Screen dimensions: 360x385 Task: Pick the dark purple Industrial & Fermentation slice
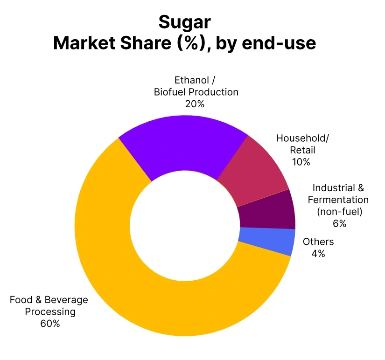click(266, 212)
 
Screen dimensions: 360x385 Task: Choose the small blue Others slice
click(266, 241)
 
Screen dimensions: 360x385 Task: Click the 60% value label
click(50, 323)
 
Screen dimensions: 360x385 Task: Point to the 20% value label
click(195, 104)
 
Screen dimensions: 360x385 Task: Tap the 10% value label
click(301, 162)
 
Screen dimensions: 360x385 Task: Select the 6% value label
click(339, 223)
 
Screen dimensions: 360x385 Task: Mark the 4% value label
click(318, 254)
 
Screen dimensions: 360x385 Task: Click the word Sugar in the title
click(184, 22)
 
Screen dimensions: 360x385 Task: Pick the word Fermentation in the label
click(338, 200)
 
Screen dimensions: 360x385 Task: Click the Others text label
click(318, 242)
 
